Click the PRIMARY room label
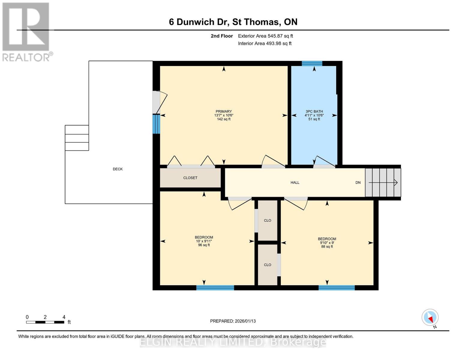pyautogui.click(x=224, y=111)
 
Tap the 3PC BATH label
pyautogui.click(x=314, y=111)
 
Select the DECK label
pyautogui.click(x=118, y=169)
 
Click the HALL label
pyautogui.click(x=295, y=182)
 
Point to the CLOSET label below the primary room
pyautogui.click(x=190, y=178)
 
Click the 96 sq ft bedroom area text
pyautogui.click(x=204, y=245)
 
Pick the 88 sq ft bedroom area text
pyautogui.click(x=327, y=247)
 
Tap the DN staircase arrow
pyautogui.click(x=383, y=182)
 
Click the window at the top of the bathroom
pyautogui.click(x=312, y=63)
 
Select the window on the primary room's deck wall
pyautogui.click(x=156, y=124)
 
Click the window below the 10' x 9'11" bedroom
pyautogui.click(x=215, y=288)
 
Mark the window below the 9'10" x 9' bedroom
pyautogui.click(x=336, y=288)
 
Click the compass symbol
pyautogui.click(x=430, y=317)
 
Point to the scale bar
pyautogui.click(x=45, y=322)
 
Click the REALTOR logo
pyautogui.click(x=26, y=31)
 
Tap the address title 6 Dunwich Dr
pyautogui.click(x=233, y=22)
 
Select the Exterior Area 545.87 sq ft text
pyautogui.click(x=265, y=36)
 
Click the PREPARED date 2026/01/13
pyautogui.click(x=233, y=321)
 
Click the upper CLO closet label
pyautogui.click(x=267, y=220)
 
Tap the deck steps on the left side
pyautogui.click(x=77, y=138)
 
